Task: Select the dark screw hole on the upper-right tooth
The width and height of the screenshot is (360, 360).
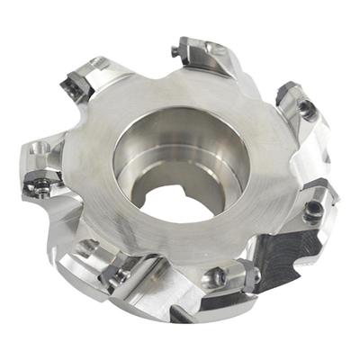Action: coord(308,110)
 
